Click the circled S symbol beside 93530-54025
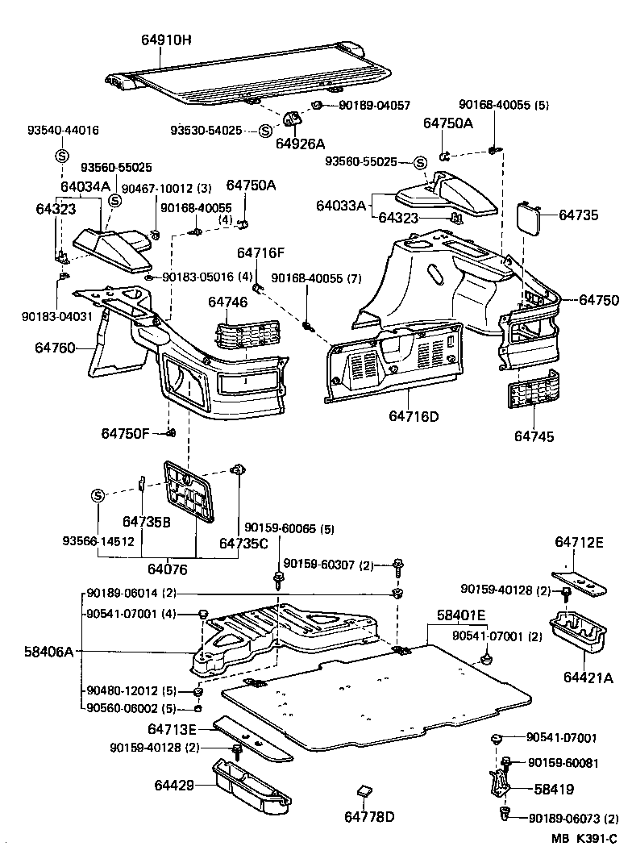264,131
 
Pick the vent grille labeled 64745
533,399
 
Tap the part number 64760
55,348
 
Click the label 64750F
125,433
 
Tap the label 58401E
461,615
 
